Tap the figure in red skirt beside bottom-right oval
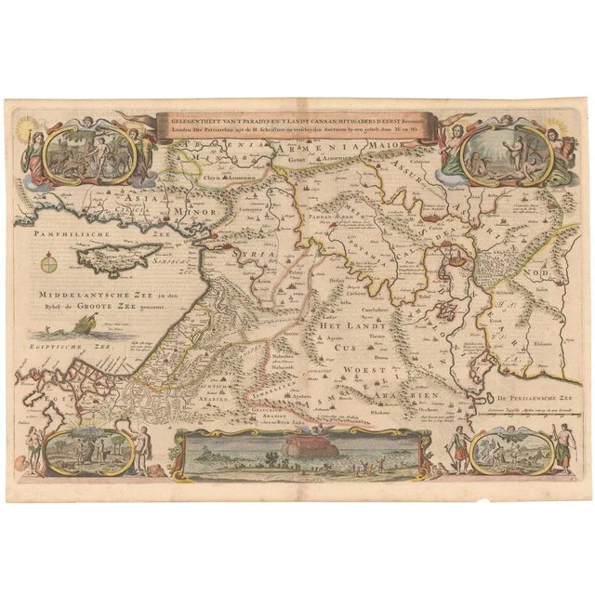pyautogui.click(x=558, y=447)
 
